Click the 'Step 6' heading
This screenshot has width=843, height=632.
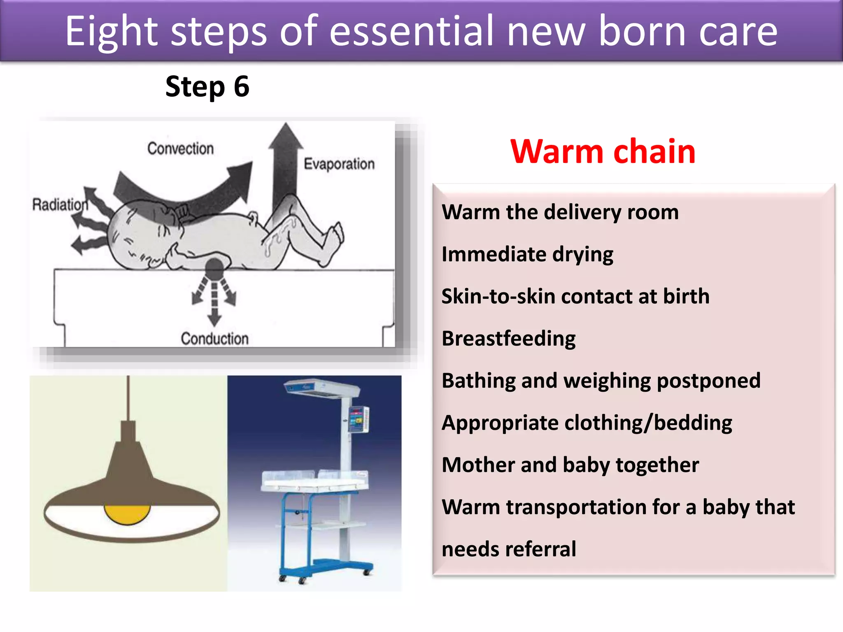pyautogui.click(x=207, y=87)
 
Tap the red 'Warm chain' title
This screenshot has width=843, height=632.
pyautogui.click(x=603, y=151)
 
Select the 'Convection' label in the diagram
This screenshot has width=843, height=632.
pyautogui.click(x=180, y=149)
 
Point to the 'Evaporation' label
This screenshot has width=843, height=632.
pyautogui.click(x=339, y=164)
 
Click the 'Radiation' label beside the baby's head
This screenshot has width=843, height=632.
pyautogui.click(x=60, y=204)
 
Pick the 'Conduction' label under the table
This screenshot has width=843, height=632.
pyautogui.click(x=214, y=339)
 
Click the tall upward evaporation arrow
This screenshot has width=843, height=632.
pyautogui.click(x=285, y=165)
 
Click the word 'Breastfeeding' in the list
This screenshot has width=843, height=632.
pyautogui.click(x=508, y=339)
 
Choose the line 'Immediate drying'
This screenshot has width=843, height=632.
pyautogui.click(x=527, y=254)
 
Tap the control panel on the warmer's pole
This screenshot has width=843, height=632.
pyautogui.click(x=358, y=419)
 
